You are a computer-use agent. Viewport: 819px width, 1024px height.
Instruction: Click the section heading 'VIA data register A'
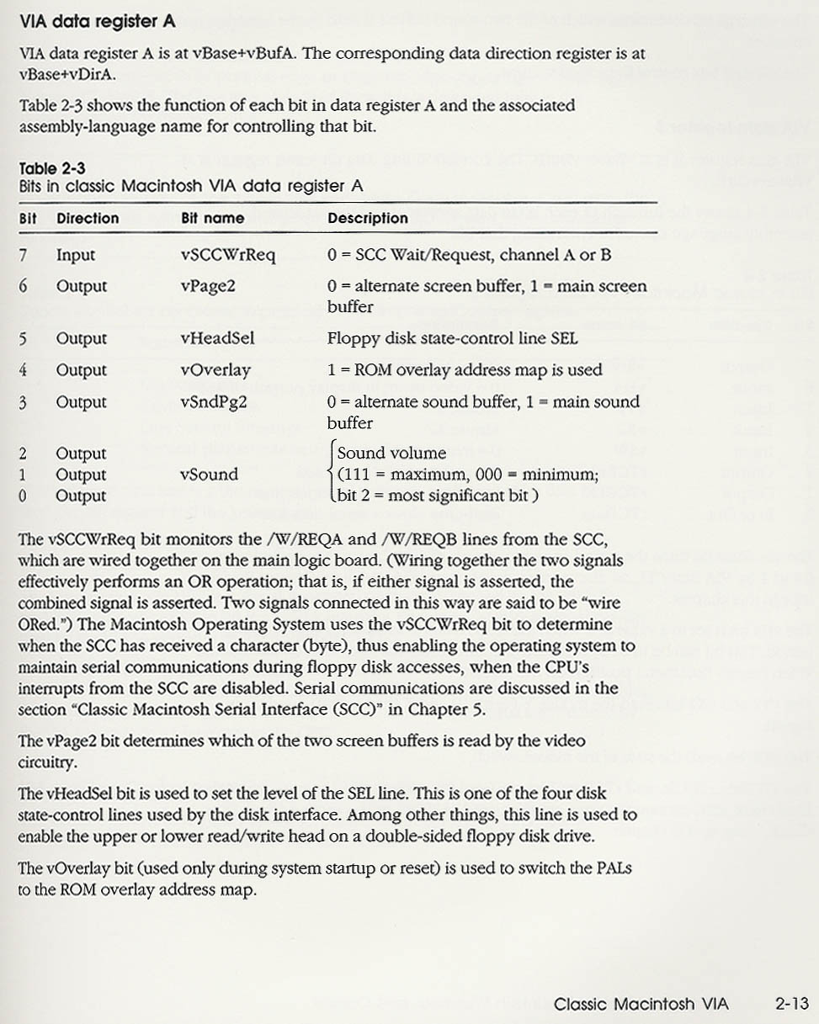[x=97, y=22]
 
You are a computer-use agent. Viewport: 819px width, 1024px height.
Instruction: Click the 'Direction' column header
[x=88, y=218]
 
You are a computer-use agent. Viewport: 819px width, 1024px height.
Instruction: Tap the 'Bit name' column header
[x=212, y=218]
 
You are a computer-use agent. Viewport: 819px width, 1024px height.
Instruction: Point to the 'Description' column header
[x=367, y=218]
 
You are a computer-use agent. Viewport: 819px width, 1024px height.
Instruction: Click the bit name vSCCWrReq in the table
[x=227, y=255]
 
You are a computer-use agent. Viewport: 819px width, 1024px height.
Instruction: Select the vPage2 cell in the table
[x=208, y=286]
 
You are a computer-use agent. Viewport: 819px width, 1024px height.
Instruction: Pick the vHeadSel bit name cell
[x=217, y=338]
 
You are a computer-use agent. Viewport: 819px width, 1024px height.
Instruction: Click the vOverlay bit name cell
[x=215, y=370]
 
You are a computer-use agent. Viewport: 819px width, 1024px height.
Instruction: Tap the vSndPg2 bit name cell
[x=215, y=402]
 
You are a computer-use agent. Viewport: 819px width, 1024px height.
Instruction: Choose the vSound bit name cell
[x=209, y=475]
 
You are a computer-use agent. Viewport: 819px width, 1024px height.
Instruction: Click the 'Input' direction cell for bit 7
[x=76, y=255]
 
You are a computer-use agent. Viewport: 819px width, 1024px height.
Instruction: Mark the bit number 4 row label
[x=24, y=370]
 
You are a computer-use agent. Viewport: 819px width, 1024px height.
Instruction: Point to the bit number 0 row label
[x=24, y=496]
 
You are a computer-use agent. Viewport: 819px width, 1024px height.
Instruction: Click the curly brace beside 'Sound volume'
[x=331, y=474]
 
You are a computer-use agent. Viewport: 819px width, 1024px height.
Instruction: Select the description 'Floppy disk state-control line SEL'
[x=446, y=338]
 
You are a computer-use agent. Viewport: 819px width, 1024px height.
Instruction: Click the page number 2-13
[x=791, y=1003]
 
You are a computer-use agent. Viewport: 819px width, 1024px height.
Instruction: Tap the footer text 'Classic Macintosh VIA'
[x=641, y=1003]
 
